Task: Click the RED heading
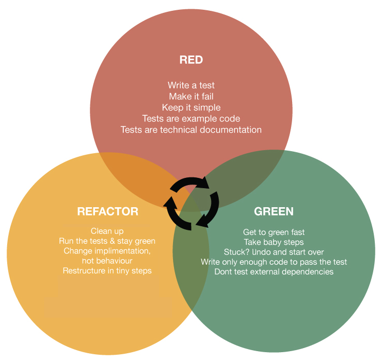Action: pos(191,60)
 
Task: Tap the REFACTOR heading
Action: pos(107,211)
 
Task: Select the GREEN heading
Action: pos(274,211)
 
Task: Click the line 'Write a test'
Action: pos(191,85)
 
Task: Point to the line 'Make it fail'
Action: pos(191,96)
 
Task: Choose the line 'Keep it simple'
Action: pos(191,107)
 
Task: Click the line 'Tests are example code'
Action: pos(191,119)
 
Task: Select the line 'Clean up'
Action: pos(107,231)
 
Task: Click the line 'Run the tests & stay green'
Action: pos(107,241)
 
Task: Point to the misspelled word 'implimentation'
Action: pos(123,251)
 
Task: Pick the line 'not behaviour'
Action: pos(107,261)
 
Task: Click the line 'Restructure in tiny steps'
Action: pos(107,270)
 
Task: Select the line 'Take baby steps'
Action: pos(274,242)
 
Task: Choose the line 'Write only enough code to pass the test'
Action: pos(274,262)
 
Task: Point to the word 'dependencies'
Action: pos(308,271)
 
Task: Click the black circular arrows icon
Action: pos(191,203)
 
